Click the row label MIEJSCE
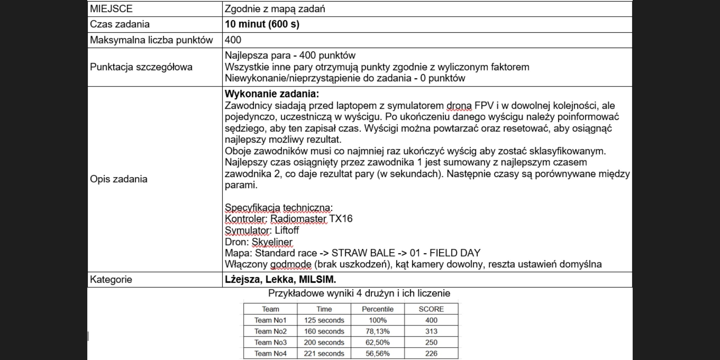[x=111, y=9]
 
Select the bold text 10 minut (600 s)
[x=262, y=24]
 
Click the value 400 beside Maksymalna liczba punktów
[x=233, y=40]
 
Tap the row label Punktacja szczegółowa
[x=141, y=67]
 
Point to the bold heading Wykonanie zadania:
[x=271, y=94]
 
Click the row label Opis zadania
[x=118, y=179]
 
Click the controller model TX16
[x=340, y=219]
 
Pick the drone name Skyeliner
[x=272, y=242]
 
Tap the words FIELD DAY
[x=455, y=253]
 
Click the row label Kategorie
[x=111, y=279]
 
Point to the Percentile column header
[x=377, y=309]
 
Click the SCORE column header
[x=431, y=309]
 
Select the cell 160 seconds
[x=324, y=331]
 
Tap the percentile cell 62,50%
[x=377, y=342]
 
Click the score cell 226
[x=431, y=353]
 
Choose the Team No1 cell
[x=270, y=320]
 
